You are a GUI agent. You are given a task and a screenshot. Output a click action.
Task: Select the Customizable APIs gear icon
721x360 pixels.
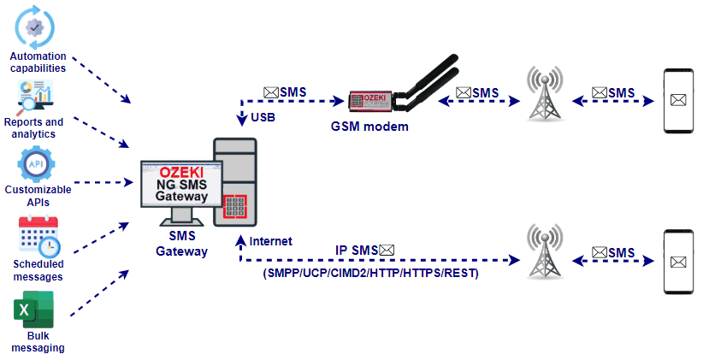[35, 164]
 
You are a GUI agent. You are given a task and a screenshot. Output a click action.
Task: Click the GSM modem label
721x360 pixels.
[369, 126]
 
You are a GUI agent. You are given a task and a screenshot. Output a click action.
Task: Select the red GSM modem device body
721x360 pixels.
[370, 102]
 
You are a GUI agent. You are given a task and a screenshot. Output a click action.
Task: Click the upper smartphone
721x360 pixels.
[679, 100]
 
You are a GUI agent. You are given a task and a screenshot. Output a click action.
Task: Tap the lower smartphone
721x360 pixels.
[679, 261]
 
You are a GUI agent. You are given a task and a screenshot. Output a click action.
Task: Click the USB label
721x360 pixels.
[263, 116]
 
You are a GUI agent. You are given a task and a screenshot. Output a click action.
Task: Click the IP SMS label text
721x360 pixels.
[357, 250]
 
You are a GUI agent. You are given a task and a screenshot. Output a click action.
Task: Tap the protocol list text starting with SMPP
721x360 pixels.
[370, 274]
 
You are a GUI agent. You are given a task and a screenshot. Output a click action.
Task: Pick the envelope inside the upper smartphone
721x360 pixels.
[679, 101]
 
